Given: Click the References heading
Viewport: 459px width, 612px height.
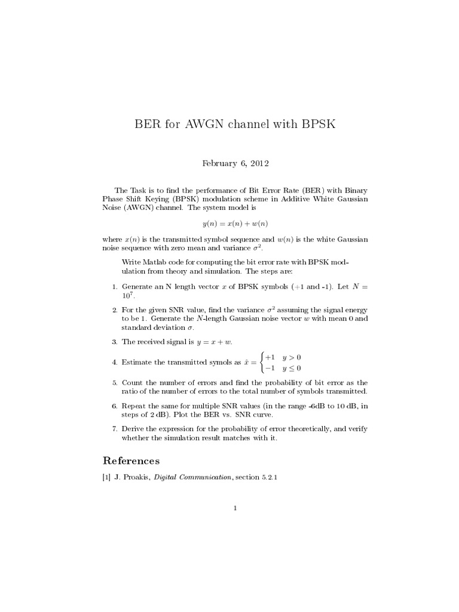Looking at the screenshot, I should (131, 460).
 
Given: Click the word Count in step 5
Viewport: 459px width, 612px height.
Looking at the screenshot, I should (131, 382).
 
